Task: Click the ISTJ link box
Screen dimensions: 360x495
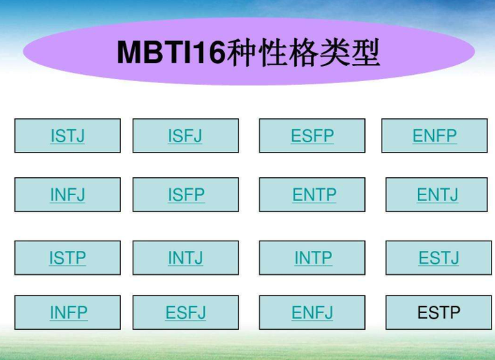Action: [x=67, y=136]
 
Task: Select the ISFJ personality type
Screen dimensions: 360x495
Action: [x=186, y=136]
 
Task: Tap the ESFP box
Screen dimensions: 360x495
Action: [x=312, y=136]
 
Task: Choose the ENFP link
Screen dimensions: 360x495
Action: [x=434, y=136]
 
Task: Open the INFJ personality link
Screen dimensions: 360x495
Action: [x=67, y=195]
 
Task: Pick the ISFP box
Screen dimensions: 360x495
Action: [x=186, y=195]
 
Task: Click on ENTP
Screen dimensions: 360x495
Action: [x=314, y=195]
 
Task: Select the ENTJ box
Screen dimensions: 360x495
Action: [x=437, y=195]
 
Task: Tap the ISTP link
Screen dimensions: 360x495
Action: [x=67, y=258]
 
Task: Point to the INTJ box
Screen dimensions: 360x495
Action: [x=186, y=258]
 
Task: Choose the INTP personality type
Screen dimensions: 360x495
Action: [x=313, y=258]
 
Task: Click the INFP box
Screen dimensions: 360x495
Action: [x=68, y=313]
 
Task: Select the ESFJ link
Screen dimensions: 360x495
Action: [x=186, y=313]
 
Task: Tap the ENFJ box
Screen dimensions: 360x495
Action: [x=312, y=313]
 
